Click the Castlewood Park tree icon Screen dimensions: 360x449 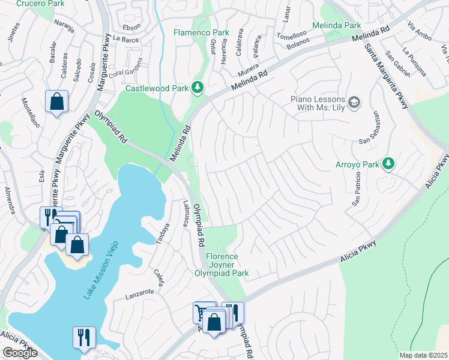(x=197, y=89)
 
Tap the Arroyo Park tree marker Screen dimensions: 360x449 (x=388, y=164)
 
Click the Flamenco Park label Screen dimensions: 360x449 (x=202, y=32)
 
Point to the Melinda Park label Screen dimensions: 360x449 (x=336, y=26)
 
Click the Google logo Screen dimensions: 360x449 (x=20, y=353)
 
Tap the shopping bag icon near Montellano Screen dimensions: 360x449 (x=56, y=101)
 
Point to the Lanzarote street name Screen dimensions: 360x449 (x=140, y=293)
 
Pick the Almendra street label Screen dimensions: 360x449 (x=10, y=200)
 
